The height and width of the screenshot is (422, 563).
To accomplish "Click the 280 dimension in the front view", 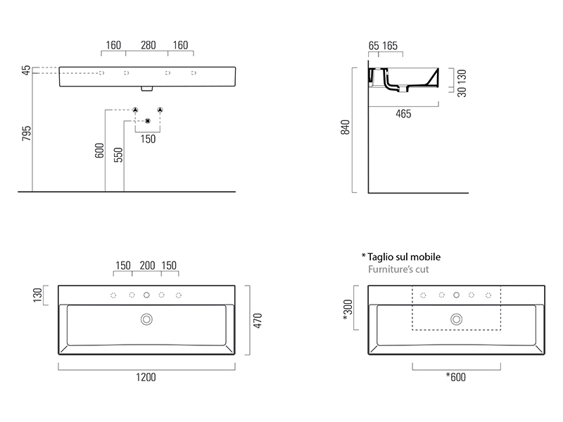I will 148,46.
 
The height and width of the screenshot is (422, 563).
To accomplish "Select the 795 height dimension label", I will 25,134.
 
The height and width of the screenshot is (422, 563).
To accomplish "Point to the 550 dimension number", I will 118,155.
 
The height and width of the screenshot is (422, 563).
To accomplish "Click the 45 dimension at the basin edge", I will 26,70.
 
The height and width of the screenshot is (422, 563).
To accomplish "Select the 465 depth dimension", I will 403,114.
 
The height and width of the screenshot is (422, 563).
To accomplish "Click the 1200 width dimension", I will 147,377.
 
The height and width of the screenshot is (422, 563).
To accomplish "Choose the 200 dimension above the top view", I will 147,266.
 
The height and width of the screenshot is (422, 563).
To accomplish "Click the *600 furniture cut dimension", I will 455,377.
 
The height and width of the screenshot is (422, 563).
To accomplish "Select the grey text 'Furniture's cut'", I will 398,269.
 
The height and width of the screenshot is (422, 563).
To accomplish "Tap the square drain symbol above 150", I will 148,122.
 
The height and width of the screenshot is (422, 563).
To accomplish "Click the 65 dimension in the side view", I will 374,46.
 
